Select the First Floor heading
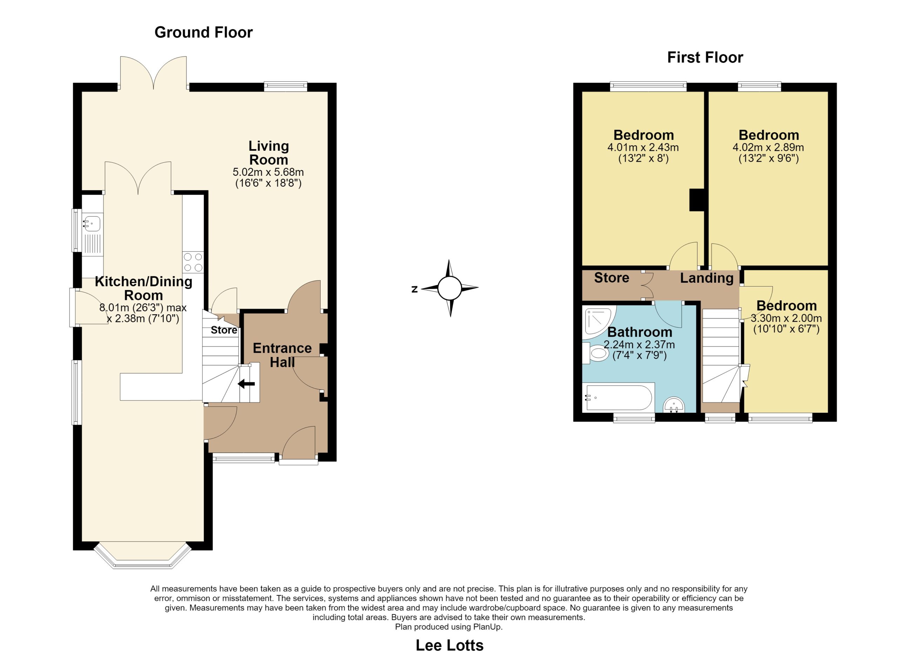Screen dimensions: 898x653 [x=705, y=58]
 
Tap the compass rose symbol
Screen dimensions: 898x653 [x=450, y=288]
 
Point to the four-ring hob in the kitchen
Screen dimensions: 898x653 [x=193, y=262]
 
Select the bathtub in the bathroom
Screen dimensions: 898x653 [x=619, y=398]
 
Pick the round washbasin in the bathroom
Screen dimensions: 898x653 [x=674, y=405]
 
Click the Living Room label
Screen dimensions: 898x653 [x=268, y=153]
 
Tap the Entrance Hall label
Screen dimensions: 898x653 [x=282, y=355]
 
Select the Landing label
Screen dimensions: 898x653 [x=707, y=278]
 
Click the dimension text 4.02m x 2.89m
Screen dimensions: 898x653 [x=768, y=148]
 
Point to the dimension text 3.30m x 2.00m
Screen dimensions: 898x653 [x=786, y=318]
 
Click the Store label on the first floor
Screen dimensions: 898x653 [x=612, y=278]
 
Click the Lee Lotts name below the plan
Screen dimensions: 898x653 [x=449, y=645]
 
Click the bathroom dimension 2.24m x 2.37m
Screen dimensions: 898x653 [x=639, y=345]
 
